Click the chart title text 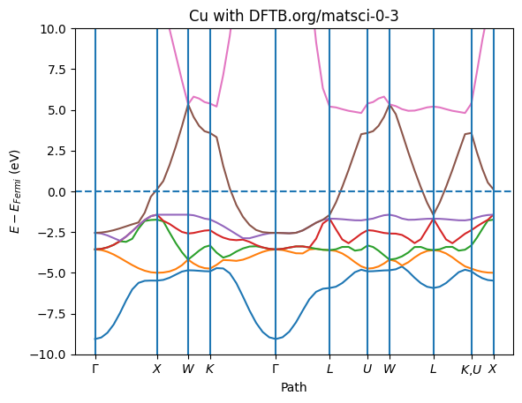(x=293, y=16)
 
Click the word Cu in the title (x=198, y=16)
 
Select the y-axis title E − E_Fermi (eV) (x=15, y=191)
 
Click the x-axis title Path (x=293, y=387)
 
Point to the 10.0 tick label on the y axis (x=53, y=29)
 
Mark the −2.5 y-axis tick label (x=52, y=233)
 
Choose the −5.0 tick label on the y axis (x=52, y=273)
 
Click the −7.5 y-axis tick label (x=52, y=314)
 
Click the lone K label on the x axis (x=209, y=369)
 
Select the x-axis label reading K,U (x=472, y=369)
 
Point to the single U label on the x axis (x=367, y=369)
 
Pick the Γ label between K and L (x=276, y=369)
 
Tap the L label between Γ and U (x=329, y=369)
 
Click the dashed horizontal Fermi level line (x=293, y=191)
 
